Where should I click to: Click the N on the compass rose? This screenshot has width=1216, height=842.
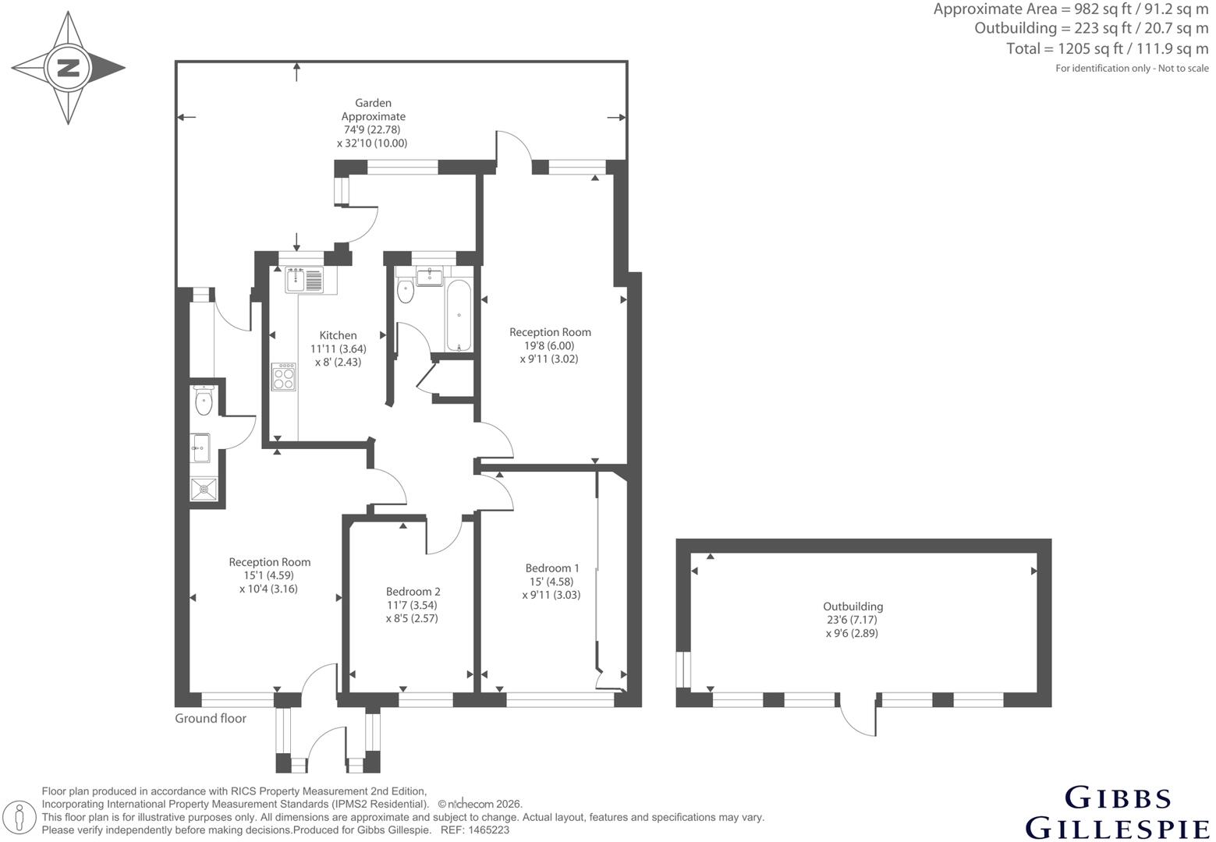click(x=69, y=69)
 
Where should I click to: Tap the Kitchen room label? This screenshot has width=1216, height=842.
click(x=338, y=335)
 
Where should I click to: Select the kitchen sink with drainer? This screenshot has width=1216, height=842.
click(x=304, y=280)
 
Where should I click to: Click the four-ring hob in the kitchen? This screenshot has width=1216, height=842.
click(x=284, y=377)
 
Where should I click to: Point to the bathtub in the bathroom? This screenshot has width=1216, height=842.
click(x=459, y=315)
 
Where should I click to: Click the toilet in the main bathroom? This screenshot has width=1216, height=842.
click(x=405, y=290)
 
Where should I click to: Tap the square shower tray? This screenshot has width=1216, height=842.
click(x=204, y=490)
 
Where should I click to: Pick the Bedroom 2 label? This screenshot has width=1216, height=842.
click(x=413, y=592)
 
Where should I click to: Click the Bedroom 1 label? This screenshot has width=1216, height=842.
click(x=552, y=568)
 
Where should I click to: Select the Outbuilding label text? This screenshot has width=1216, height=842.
click(x=853, y=607)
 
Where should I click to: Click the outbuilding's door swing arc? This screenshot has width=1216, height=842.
click(x=854, y=725)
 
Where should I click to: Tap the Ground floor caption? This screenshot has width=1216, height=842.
click(x=211, y=718)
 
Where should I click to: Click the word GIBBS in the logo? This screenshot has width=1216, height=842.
click(x=1118, y=798)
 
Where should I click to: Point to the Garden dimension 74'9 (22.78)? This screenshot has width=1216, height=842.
click(x=372, y=129)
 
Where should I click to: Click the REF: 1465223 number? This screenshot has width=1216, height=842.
click(x=475, y=830)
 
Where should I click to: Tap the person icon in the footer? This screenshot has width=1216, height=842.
click(x=20, y=818)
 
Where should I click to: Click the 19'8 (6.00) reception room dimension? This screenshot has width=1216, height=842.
click(x=549, y=345)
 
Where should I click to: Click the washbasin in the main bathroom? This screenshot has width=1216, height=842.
click(x=430, y=277)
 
